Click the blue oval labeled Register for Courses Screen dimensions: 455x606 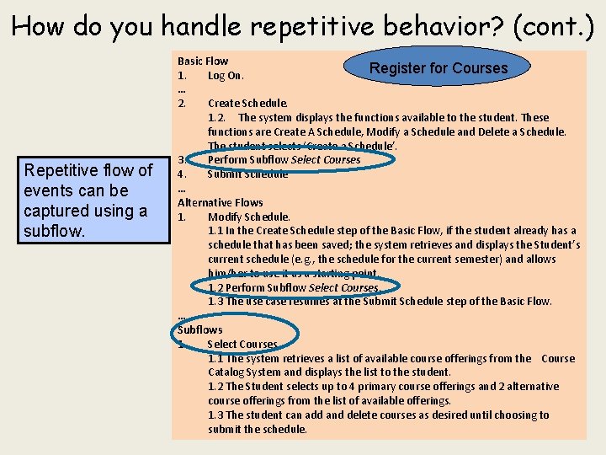click(438, 68)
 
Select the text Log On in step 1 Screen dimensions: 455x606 click(226, 76)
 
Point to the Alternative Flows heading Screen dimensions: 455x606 click(220, 202)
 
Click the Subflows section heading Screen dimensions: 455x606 click(199, 329)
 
